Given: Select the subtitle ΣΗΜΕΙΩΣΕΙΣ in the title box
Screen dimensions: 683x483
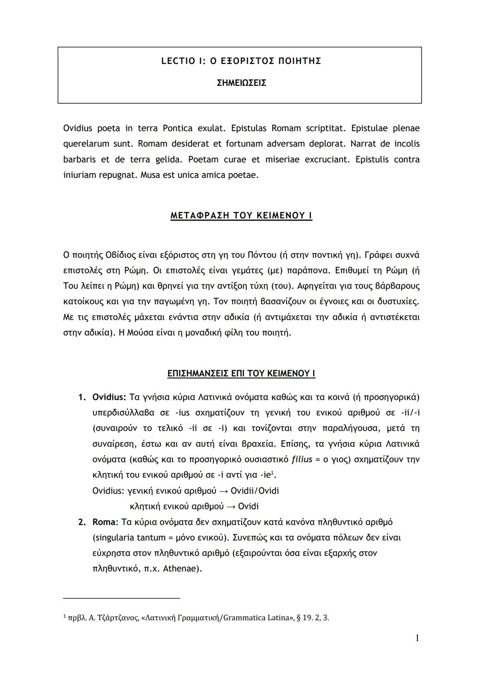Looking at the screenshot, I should click(241, 83).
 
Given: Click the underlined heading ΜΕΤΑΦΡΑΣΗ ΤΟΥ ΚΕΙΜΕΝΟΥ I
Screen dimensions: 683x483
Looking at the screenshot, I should click(241, 216).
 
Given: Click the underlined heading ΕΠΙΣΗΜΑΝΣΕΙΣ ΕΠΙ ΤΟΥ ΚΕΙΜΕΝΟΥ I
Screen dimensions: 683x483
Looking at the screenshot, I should click(241, 373).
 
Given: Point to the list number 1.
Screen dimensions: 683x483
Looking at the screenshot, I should click(81, 398).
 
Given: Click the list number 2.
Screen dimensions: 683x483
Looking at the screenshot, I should click(81, 522).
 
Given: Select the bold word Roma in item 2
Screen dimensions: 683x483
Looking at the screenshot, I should click(104, 522).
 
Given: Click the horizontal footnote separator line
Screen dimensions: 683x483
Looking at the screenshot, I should click(121, 598).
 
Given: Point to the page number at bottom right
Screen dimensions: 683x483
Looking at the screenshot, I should click(417, 638).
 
